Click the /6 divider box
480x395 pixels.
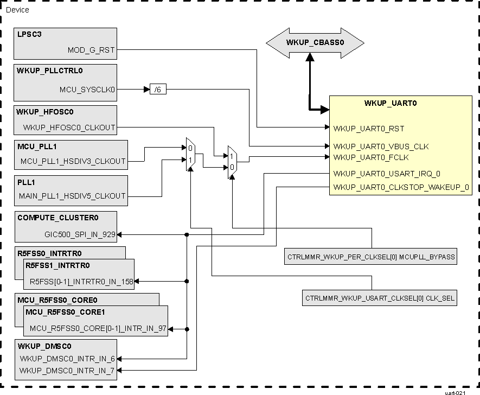coord(158,90)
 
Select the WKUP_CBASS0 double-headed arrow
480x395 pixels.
coord(308,42)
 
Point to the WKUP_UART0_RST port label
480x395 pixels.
coord(368,129)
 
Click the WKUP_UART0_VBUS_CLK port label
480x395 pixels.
coord(381,146)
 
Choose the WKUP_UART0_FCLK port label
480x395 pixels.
coord(371,157)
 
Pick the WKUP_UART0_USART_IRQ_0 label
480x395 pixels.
coord(387,174)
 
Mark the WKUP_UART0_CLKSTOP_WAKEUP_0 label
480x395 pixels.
coord(401,188)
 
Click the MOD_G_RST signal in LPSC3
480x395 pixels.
coord(91,50)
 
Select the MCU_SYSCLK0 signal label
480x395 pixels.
coord(87,90)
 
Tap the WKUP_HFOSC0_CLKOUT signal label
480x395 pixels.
coord(69,128)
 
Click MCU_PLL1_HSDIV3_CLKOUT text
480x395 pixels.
coord(73,161)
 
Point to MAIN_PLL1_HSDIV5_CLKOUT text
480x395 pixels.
coord(72,196)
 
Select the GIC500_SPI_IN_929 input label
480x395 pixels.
coord(80,235)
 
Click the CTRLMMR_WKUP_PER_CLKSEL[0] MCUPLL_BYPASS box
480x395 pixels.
coord(370,257)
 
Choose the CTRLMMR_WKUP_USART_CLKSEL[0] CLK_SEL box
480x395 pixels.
coord(380,298)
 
